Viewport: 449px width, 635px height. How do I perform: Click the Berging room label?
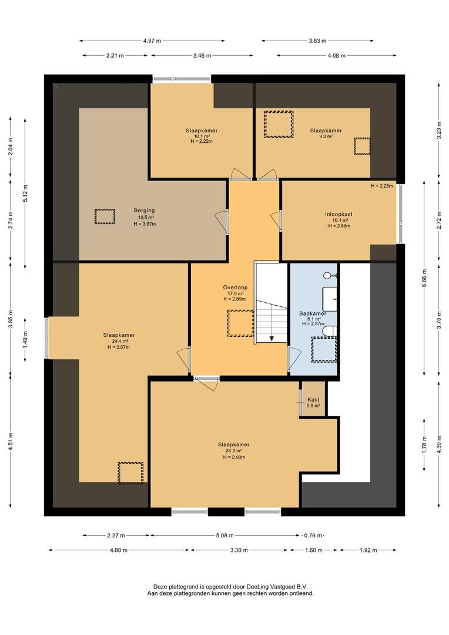(x=145, y=210)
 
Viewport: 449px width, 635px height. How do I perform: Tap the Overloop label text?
(x=235, y=288)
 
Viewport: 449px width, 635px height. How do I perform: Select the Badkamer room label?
(x=313, y=313)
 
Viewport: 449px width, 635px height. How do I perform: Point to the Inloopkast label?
(x=339, y=214)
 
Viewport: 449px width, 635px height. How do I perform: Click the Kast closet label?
(x=313, y=400)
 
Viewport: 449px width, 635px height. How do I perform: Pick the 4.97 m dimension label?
(x=152, y=41)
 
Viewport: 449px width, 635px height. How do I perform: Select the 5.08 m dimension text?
(x=224, y=536)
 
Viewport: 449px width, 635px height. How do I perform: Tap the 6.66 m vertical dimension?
(x=424, y=278)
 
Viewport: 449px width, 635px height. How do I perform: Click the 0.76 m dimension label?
(x=313, y=536)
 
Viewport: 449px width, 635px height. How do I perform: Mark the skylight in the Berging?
(x=105, y=216)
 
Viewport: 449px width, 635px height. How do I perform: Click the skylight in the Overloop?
(x=240, y=323)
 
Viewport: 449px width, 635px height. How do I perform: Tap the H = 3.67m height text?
(x=145, y=224)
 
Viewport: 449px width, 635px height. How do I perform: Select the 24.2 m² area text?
(x=234, y=451)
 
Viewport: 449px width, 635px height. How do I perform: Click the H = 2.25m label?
(x=382, y=186)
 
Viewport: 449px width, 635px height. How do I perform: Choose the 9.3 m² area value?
(x=326, y=136)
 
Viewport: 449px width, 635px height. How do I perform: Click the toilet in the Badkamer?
(x=330, y=331)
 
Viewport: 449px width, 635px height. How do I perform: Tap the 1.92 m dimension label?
(x=368, y=550)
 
